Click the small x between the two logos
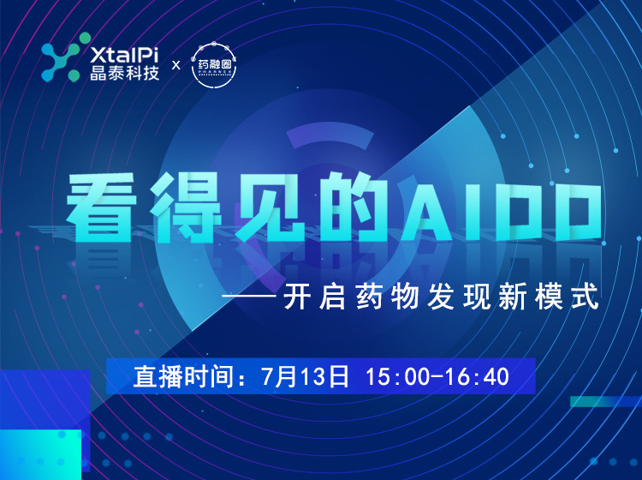[x=176, y=64]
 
